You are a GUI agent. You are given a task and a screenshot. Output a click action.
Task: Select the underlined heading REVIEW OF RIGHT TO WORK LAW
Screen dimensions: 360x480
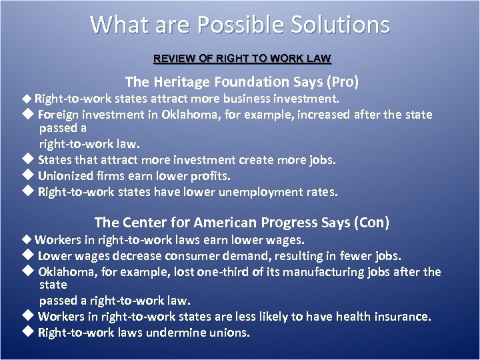(x=242, y=59)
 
